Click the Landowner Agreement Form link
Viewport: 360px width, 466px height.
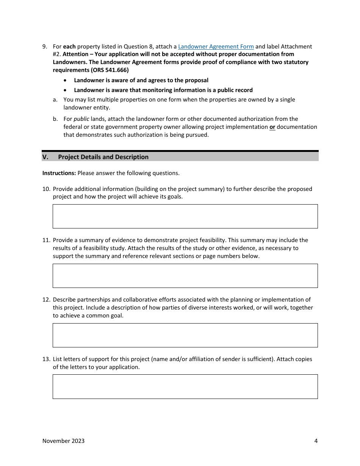tap(216, 47)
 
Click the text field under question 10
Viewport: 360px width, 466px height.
tap(185, 216)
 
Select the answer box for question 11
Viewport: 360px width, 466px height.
tap(185, 276)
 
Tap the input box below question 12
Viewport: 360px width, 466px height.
tap(185, 335)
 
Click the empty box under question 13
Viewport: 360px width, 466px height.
tap(185, 386)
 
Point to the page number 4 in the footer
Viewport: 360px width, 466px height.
tap(316, 441)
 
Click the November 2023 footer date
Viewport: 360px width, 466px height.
tap(63, 441)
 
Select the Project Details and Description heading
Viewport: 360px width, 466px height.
tap(103, 157)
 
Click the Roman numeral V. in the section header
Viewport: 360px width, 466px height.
tap(45, 157)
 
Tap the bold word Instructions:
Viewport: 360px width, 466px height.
tap(59, 173)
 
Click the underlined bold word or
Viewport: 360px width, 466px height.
tap(272, 127)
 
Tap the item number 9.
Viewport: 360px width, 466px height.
tap(44, 47)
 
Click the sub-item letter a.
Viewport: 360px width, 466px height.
tap(55, 100)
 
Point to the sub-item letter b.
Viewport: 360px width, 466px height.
tap(55, 119)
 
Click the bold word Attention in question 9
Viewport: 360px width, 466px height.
tap(75, 54)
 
